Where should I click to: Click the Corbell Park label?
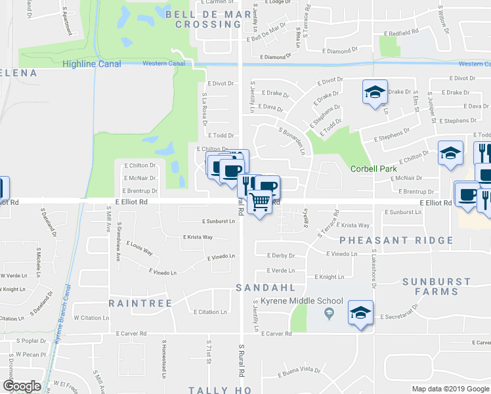(374, 169)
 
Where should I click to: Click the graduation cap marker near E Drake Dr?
(375, 92)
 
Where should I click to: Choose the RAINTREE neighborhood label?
(140, 303)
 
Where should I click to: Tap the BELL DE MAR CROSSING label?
(203, 18)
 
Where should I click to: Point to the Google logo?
(22, 386)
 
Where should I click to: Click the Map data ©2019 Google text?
(450, 389)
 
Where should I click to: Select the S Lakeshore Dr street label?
(373, 263)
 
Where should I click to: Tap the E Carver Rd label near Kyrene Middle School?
(276, 334)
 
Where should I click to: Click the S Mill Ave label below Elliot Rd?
(108, 221)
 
